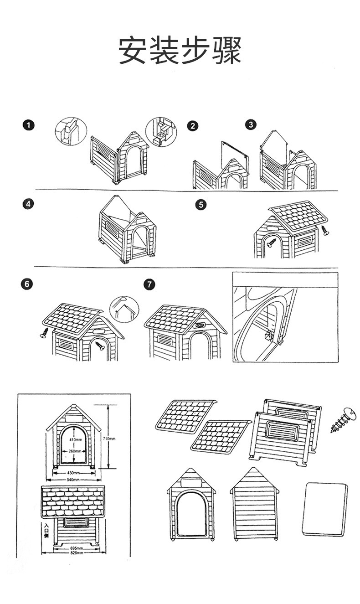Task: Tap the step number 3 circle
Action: coord(251,124)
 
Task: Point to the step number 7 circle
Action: coord(149,284)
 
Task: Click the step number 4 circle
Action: coord(29,204)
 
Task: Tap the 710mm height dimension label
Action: coord(110,439)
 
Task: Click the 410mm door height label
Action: coord(75,439)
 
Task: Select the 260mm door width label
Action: coord(75,451)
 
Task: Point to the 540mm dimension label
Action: coord(73,480)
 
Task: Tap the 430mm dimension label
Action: coord(73,473)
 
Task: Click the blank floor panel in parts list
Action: coord(324,509)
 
